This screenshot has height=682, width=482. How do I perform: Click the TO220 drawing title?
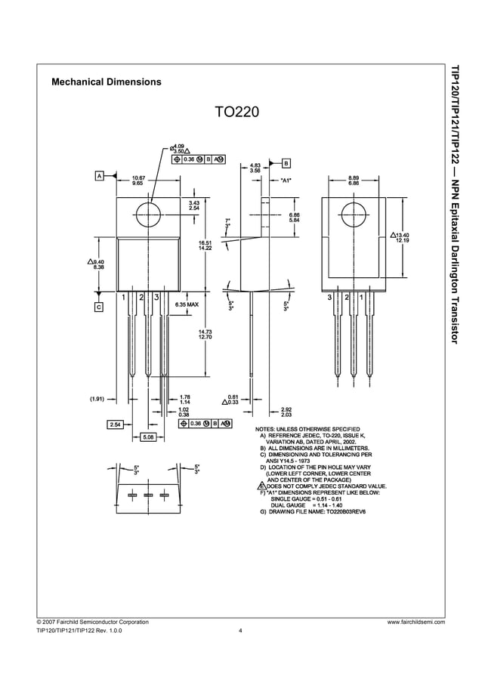(236, 112)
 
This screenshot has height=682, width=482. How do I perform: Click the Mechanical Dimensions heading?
(106, 82)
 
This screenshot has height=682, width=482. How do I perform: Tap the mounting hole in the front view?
(148, 211)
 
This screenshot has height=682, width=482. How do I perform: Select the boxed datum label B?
(286, 162)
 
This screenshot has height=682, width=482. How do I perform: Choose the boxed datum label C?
(99, 307)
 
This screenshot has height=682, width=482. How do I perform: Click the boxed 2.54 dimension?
(116, 424)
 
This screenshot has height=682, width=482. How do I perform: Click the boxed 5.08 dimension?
(148, 437)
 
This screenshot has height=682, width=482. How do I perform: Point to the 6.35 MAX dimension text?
(187, 304)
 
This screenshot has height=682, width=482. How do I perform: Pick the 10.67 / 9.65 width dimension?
(138, 181)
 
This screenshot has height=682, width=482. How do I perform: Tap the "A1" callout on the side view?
(286, 181)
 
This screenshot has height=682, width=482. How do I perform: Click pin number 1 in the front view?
(124, 298)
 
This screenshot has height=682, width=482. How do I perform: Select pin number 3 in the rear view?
(330, 298)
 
